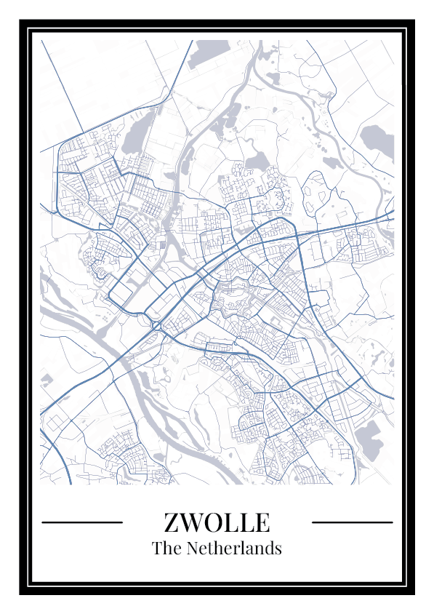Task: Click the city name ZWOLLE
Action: [x=217, y=522]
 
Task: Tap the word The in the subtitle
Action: [x=165, y=548]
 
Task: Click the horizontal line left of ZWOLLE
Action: [x=82, y=522]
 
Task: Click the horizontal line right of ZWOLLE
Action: [x=352, y=522]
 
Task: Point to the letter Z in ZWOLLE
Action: [x=172, y=522]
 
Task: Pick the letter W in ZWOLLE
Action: [x=191, y=522]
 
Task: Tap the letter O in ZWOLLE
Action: [x=213, y=522]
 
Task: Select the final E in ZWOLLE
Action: [x=262, y=522]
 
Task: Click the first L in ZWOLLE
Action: [x=231, y=522]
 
